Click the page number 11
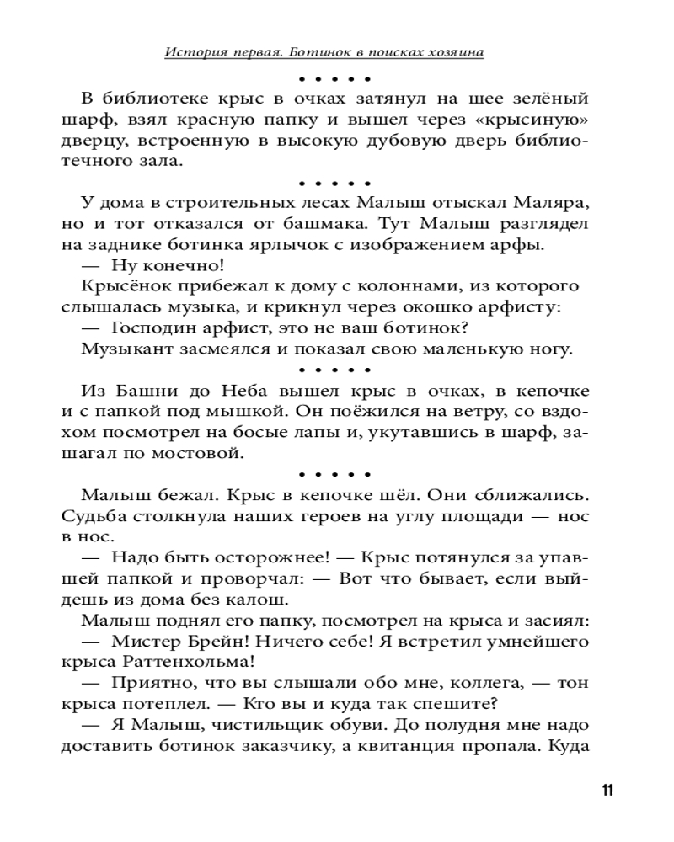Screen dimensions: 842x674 607,791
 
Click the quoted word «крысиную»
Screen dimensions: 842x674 538,119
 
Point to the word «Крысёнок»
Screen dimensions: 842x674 119,287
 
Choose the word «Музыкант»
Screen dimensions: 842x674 121,349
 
